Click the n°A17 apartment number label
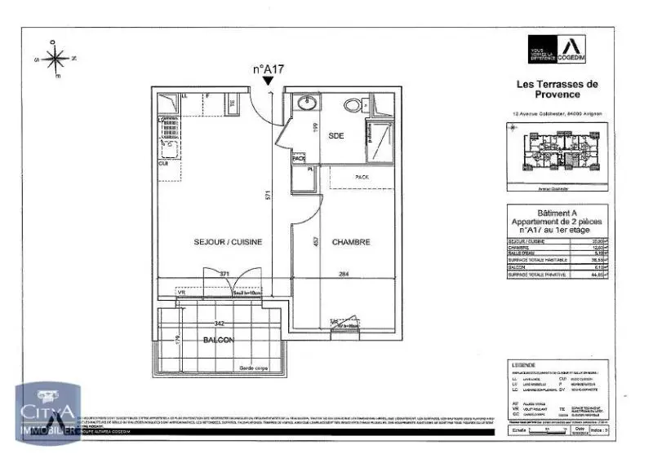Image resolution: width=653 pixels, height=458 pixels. [x=267, y=69]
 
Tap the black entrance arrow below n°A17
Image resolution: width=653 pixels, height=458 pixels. [x=268, y=81]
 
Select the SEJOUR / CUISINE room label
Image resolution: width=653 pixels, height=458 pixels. [x=215, y=242]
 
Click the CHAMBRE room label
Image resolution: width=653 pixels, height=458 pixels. [x=351, y=242]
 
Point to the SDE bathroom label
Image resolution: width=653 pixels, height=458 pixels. [x=336, y=136]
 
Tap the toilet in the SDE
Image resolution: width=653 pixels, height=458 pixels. [x=354, y=105]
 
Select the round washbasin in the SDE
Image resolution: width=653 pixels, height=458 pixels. [x=307, y=104]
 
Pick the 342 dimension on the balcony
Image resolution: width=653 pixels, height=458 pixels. [x=219, y=324]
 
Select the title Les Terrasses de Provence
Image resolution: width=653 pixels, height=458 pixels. [x=557, y=89]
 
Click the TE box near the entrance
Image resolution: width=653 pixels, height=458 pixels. [x=232, y=103]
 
